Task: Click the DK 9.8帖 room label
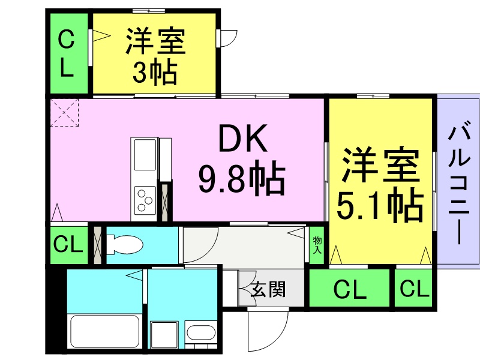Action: coord(242,160)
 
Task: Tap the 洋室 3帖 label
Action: coord(155,56)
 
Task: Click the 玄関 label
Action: coord(268,289)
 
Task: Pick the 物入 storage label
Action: coord(317,245)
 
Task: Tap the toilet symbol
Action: coord(125,245)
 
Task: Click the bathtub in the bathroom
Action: coord(105,331)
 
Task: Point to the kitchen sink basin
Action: coord(145,154)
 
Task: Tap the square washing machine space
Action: coord(164,335)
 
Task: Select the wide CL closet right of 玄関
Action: coord(349,288)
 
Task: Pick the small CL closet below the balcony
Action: coord(413,288)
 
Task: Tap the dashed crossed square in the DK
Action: coord(64,113)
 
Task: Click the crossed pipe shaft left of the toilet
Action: coord(97,245)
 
